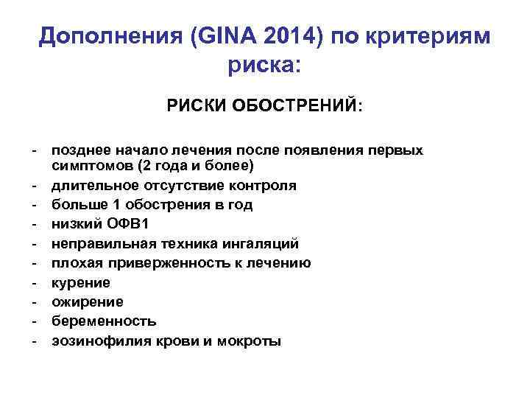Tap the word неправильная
click(x=95, y=243)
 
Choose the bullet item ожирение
click(x=87, y=302)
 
